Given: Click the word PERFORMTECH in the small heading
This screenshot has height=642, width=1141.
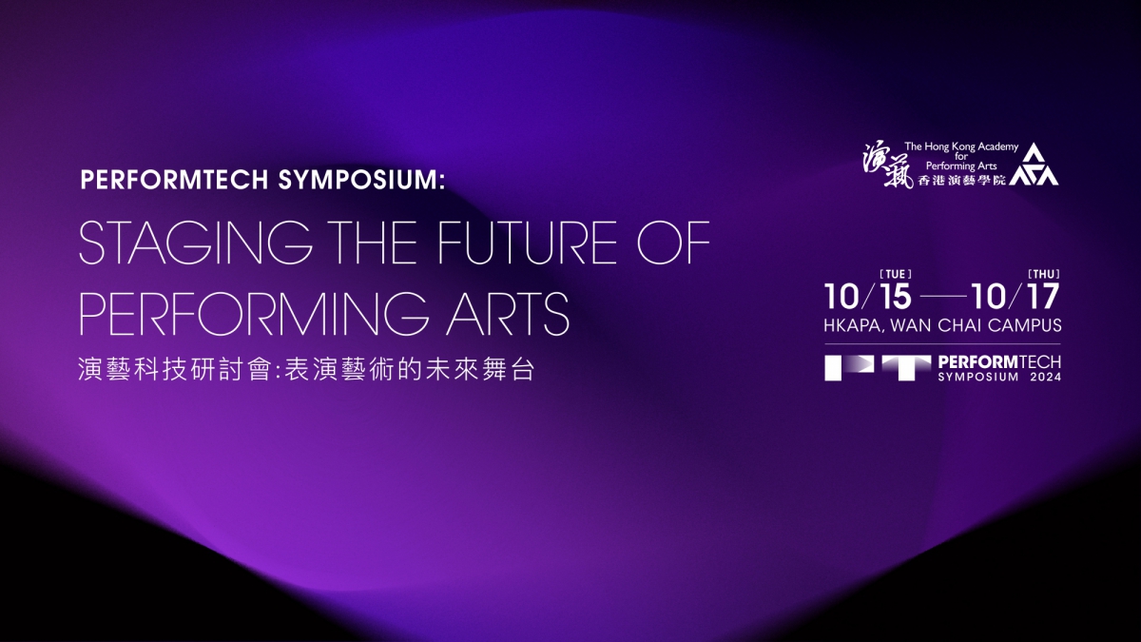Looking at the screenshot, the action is tap(174, 180).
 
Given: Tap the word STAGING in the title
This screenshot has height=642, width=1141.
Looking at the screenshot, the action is tap(196, 243).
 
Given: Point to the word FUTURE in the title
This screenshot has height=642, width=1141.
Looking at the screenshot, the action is tap(527, 243).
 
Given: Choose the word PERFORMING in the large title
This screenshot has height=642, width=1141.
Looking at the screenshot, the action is tap(254, 313).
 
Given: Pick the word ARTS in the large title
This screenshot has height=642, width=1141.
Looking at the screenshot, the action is tap(508, 313).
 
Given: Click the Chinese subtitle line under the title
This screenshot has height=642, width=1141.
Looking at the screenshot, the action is tap(306, 369).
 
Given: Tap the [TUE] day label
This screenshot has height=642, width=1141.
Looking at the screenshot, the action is tap(896, 275).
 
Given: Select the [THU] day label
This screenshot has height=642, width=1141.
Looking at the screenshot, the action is tap(1044, 275).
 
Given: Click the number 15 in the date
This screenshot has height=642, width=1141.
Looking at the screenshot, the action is tap(895, 297).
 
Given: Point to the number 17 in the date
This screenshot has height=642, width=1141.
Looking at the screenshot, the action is tap(1044, 297).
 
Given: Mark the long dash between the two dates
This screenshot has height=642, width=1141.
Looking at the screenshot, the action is tap(944, 296).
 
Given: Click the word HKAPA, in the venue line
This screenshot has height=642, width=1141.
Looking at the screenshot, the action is tap(854, 325).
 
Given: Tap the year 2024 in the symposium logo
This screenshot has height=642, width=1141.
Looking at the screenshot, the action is tap(1046, 377).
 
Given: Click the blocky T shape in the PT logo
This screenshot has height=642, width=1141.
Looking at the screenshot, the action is tap(906, 368).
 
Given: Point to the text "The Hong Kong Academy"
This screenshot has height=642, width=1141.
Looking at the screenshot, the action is tap(961, 146).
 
